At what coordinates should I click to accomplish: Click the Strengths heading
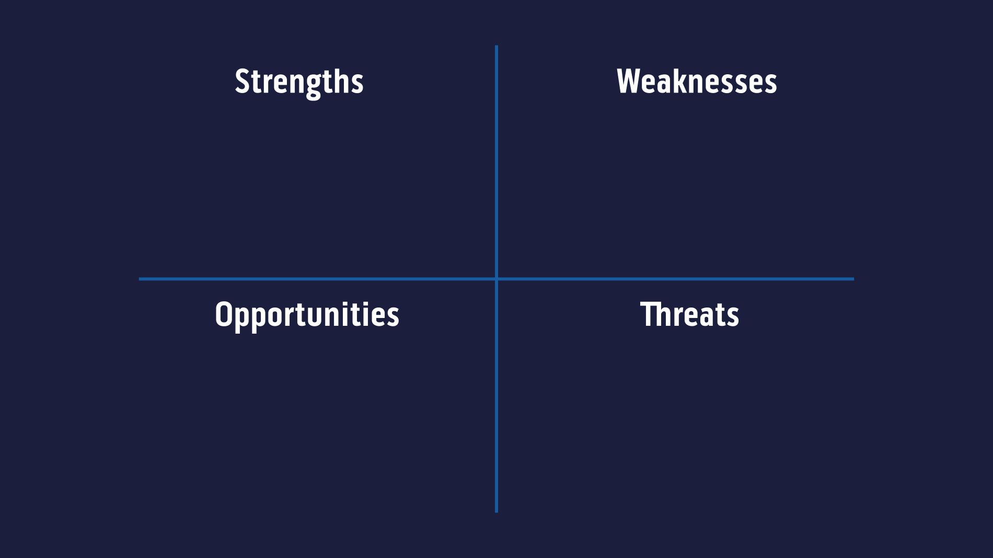[x=299, y=82]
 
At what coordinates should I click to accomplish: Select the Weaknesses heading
[x=697, y=82]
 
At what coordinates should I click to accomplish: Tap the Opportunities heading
[x=307, y=315]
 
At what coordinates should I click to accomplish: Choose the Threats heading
[x=689, y=315]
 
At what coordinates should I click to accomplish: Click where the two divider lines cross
[x=496, y=279]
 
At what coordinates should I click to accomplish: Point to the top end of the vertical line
[x=496, y=47]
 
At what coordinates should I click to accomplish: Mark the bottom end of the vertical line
[x=496, y=511]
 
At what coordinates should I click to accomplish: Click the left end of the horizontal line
[x=140, y=279]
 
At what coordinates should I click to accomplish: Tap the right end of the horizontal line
[x=852, y=279]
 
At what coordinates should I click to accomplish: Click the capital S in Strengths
[x=242, y=82]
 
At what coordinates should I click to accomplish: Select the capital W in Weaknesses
[x=628, y=82]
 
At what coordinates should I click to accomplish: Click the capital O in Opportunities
[x=223, y=315]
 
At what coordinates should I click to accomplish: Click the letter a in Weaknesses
[x=661, y=84]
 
